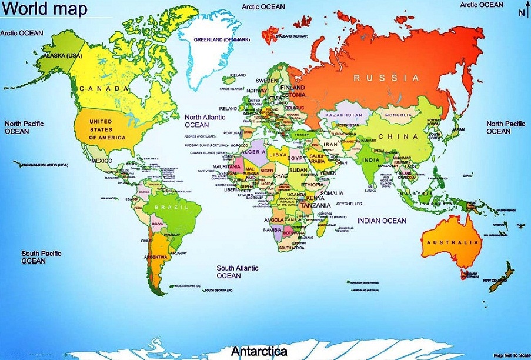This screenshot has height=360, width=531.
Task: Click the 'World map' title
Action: tap(45, 9)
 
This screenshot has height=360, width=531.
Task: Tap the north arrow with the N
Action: tap(522, 13)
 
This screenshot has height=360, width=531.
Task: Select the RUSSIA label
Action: tap(386, 78)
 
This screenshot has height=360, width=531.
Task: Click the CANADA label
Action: tap(103, 89)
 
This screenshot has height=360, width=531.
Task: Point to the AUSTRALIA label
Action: tap(453, 242)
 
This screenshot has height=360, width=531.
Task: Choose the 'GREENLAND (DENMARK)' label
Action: tap(222, 39)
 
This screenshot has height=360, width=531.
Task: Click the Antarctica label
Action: tap(259, 352)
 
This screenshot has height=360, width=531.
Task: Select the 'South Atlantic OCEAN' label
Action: tap(237, 272)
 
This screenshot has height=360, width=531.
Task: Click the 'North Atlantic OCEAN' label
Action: tap(205, 121)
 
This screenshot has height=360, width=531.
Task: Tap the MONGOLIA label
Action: tap(398, 115)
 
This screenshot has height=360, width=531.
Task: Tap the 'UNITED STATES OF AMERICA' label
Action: tap(107, 129)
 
